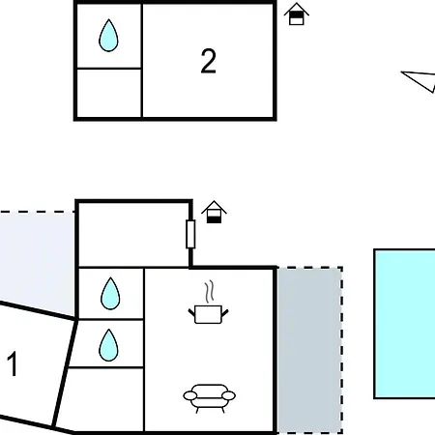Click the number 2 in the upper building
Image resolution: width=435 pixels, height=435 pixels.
[208, 61]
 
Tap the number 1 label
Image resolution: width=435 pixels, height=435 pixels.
[13, 364]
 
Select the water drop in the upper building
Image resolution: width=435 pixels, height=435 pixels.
[108, 36]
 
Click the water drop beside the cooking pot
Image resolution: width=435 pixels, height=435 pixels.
[110, 293]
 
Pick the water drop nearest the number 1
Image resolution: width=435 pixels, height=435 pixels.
[108, 345]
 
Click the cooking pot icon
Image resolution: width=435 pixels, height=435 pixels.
[208, 314]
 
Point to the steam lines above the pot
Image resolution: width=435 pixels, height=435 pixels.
[210, 292]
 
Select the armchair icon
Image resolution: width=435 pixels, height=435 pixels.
[209, 398]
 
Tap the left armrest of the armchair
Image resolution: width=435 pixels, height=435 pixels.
[189, 395]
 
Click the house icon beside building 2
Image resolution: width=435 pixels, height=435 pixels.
[297, 14]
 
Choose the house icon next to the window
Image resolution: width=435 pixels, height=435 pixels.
[214, 212]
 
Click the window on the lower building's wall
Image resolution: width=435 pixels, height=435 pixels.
[190, 234]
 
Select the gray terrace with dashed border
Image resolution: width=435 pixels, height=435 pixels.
[309, 350]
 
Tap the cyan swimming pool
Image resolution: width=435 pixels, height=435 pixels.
[404, 324]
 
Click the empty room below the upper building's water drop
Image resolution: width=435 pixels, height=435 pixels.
[109, 93]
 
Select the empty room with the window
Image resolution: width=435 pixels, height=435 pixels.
[133, 235]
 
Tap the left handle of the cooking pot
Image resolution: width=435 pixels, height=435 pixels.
[192, 312]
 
